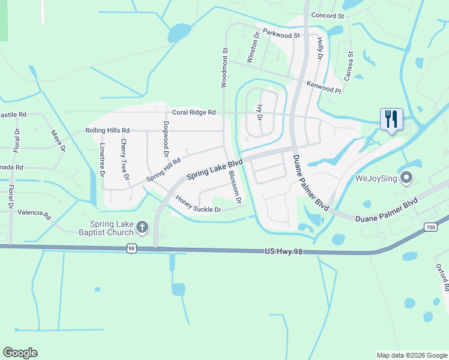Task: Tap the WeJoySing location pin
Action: point(406,178)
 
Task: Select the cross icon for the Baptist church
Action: point(142,227)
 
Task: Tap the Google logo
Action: point(20,353)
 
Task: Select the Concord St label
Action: point(327,16)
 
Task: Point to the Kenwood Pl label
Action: point(323,87)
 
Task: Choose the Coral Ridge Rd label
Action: point(194,112)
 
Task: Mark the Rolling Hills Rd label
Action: point(107,130)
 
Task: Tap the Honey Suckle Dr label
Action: point(199,205)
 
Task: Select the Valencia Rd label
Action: point(34,212)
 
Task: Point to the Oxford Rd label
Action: point(442,277)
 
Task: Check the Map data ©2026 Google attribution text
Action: point(411,355)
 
